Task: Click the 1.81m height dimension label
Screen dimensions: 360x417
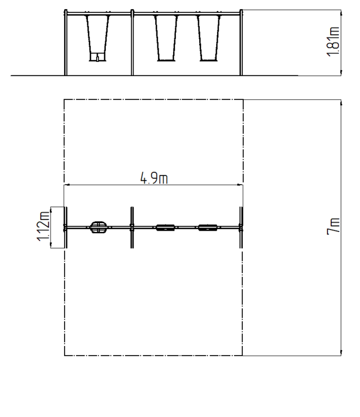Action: tap(333, 41)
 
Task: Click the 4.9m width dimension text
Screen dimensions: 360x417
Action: tap(154, 178)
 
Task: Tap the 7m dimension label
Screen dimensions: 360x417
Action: tap(333, 226)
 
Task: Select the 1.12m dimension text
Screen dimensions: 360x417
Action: tap(43, 226)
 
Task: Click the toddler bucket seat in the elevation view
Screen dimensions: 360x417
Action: tap(97, 57)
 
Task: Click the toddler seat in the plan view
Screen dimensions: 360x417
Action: tap(99, 228)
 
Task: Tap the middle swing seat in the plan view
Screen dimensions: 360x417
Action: tap(166, 228)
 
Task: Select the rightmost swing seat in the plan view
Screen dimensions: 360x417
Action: tap(207, 228)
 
